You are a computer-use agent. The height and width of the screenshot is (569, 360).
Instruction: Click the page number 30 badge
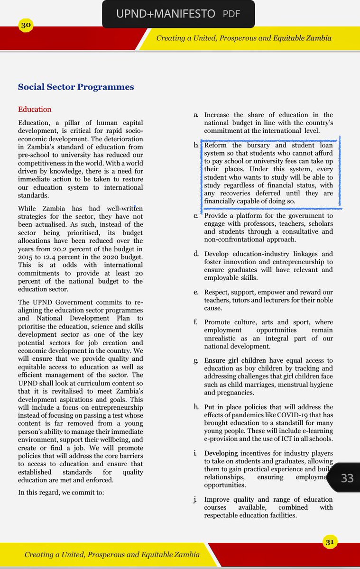(26, 26)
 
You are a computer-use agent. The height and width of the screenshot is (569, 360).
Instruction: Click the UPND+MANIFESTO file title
(166, 14)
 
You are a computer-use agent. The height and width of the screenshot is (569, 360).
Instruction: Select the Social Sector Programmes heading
(76, 87)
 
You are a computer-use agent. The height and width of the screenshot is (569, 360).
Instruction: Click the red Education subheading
(35, 109)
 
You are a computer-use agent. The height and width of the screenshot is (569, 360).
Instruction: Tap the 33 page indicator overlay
(347, 478)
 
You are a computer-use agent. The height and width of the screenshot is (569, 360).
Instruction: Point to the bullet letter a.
(196, 115)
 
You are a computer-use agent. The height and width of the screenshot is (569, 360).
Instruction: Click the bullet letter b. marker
(196, 146)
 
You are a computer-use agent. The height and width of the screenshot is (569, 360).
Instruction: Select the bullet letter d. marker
(196, 254)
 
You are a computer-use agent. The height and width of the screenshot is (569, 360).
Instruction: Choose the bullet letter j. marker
(196, 500)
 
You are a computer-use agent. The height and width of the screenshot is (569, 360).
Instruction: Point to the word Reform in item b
(215, 146)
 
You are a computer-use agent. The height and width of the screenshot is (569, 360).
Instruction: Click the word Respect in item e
(217, 293)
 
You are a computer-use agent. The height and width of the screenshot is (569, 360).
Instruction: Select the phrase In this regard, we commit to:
(61, 492)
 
